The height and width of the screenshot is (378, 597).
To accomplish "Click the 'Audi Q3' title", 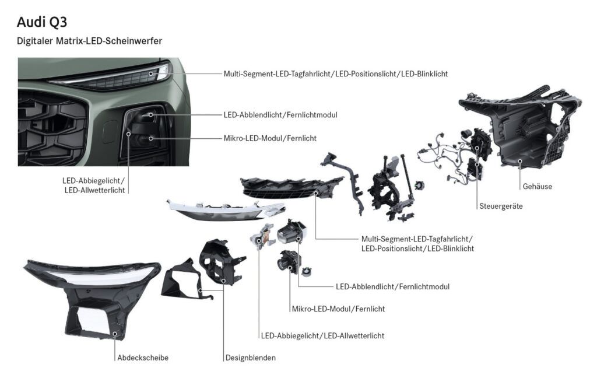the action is click(x=42, y=22).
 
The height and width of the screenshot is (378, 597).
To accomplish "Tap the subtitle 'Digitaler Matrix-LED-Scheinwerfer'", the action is click(x=89, y=41).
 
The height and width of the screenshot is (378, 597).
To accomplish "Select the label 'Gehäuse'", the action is click(x=537, y=186).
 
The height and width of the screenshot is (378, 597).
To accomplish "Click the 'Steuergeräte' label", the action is click(x=501, y=206).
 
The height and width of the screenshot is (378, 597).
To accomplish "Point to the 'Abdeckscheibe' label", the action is click(x=143, y=358).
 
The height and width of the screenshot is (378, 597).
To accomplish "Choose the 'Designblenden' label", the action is click(x=251, y=358).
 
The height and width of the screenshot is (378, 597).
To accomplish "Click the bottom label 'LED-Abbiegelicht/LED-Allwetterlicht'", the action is click(x=322, y=335).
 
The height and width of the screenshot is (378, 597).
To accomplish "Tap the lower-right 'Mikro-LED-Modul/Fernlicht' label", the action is click(x=339, y=309).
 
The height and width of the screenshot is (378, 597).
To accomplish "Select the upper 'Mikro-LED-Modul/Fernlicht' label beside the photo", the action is click(x=270, y=138).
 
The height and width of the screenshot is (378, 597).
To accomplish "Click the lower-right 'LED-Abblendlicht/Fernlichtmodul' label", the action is click(x=392, y=286).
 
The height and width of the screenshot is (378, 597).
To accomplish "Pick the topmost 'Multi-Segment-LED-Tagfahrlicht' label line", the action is click(x=335, y=74).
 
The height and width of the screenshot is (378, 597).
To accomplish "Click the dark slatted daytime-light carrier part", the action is click(x=292, y=187).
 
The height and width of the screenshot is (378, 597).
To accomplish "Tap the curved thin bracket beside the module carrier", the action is click(x=345, y=179).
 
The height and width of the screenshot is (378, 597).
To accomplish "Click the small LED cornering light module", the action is click(x=261, y=236).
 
